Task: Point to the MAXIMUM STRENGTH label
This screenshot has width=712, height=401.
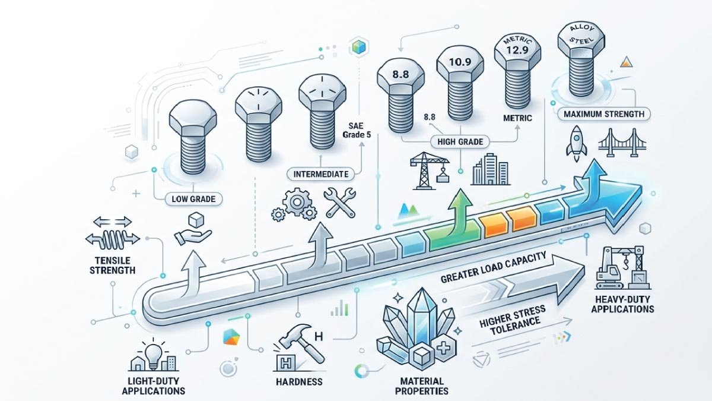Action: pyautogui.click(x=604, y=113)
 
